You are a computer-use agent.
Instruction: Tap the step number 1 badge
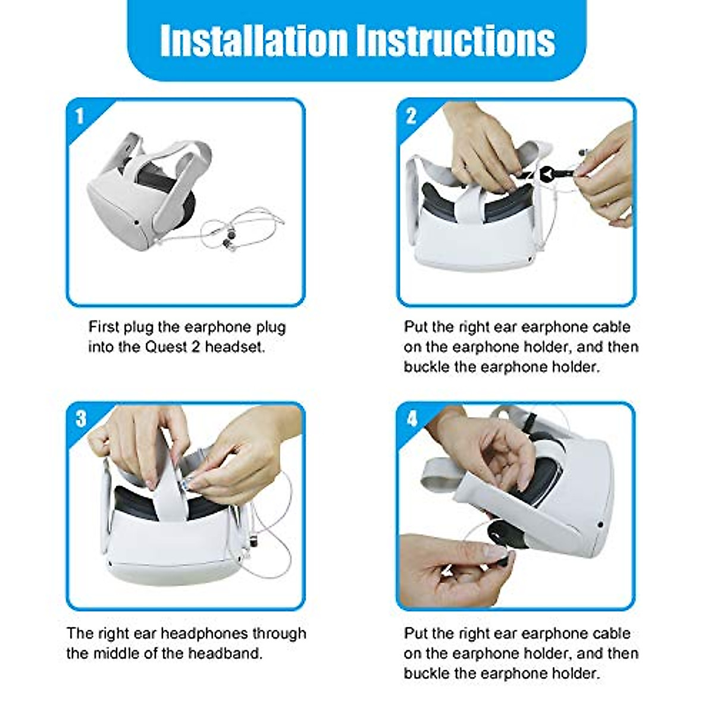[x=80, y=116]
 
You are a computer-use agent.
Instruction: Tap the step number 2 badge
[x=411, y=116]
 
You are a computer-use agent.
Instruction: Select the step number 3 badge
[x=81, y=419]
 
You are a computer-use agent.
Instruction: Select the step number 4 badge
[x=412, y=419]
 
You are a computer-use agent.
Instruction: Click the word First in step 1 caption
[x=104, y=327]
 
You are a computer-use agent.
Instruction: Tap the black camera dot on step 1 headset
[x=136, y=223]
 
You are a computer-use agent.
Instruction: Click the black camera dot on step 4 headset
[x=600, y=525]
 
